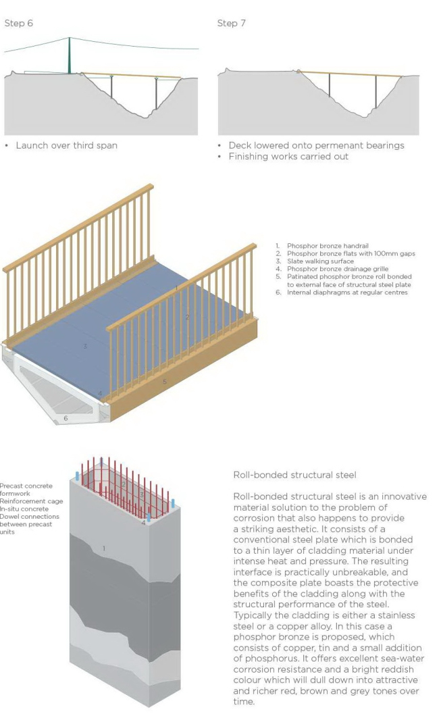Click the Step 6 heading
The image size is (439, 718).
coord(19,23)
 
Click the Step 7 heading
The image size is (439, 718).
coord(231,23)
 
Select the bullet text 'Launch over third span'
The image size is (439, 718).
coord(66,145)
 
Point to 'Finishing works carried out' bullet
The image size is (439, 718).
coord(288,157)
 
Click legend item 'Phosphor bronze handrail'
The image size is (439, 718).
coord(320,246)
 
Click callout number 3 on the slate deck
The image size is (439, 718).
coord(85,347)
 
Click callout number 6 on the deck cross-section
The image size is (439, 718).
coord(66,418)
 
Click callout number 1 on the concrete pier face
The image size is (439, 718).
coord(103,548)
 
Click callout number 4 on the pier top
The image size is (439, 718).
coord(143,523)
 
